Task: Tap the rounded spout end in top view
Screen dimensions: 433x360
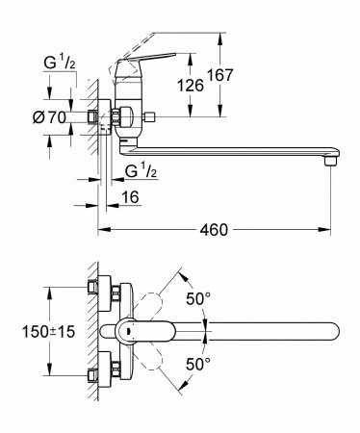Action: (x=332, y=329)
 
